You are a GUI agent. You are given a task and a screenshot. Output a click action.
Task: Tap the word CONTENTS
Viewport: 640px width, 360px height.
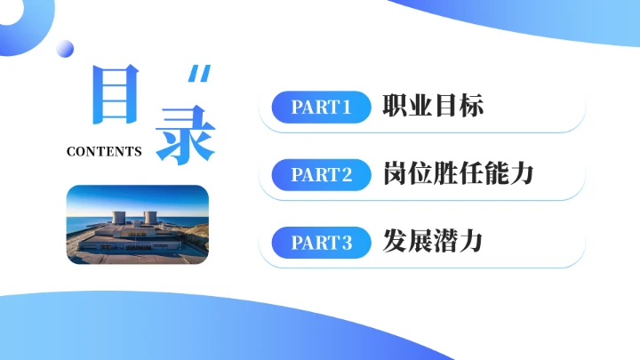point(104,151)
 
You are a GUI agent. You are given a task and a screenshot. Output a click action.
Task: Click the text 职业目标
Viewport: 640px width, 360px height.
point(433,108)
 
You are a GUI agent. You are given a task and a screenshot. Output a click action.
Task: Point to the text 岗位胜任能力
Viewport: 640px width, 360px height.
point(458,174)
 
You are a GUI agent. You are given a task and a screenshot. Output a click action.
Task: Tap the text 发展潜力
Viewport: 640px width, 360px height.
point(433,241)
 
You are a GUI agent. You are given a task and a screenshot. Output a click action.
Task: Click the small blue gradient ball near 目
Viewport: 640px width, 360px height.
point(65,49)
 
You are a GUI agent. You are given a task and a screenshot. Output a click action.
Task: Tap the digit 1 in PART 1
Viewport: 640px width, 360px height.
point(347,108)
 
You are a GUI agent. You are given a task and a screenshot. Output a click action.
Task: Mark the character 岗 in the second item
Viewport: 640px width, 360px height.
point(396,174)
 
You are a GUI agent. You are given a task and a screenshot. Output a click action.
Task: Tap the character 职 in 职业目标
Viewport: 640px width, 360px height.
point(396,108)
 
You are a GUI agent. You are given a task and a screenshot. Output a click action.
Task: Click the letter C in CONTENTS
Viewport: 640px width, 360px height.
point(71,151)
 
